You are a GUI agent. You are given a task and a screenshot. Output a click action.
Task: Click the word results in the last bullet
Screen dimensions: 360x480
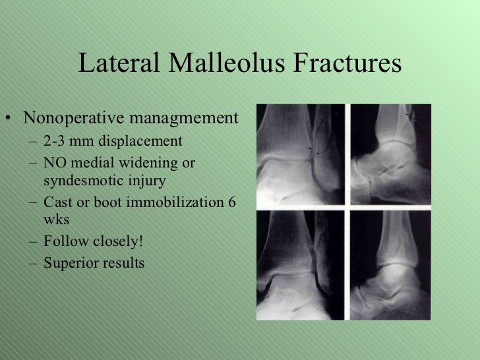[119, 263]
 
